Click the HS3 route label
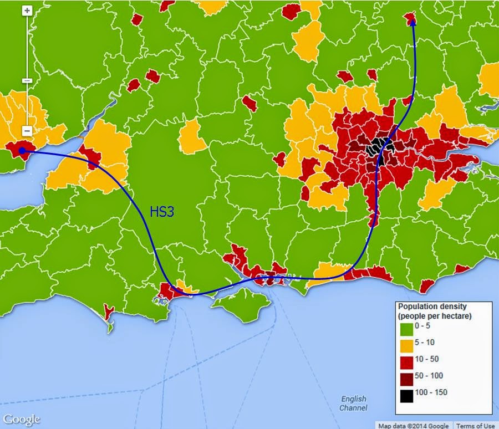point(162,212)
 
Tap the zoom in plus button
point(27,11)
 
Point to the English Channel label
point(353,403)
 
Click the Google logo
point(21,419)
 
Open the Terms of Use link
point(476,426)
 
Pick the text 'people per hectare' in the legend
point(435,316)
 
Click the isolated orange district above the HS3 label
point(192,135)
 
